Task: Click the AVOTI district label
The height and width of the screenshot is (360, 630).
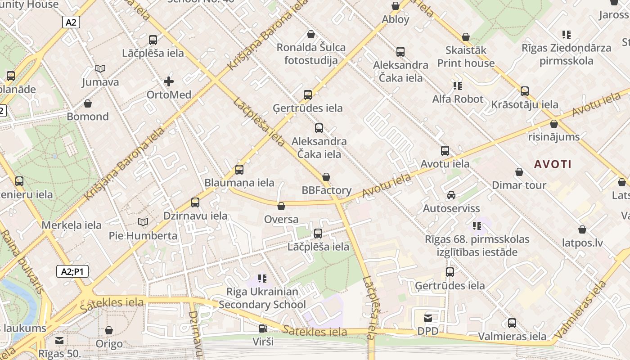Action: (x=553, y=164)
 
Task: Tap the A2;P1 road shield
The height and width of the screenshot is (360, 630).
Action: (x=72, y=271)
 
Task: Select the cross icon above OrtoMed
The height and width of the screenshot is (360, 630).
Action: (x=169, y=81)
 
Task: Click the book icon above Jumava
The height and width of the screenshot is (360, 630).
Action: (x=100, y=69)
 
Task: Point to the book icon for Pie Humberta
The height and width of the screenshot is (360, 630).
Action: (x=143, y=222)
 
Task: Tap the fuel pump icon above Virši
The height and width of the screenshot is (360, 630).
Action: (x=263, y=328)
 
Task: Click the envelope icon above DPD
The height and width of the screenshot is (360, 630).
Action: (x=428, y=318)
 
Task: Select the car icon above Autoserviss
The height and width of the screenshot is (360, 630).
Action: (x=451, y=195)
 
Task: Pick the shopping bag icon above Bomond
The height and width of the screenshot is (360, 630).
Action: (x=88, y=103)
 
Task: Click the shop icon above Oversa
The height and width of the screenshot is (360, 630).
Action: (x=281, y=206)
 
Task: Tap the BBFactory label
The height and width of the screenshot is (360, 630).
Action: (x=326, y=190)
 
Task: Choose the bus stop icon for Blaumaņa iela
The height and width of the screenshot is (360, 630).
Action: (x=239, y=170)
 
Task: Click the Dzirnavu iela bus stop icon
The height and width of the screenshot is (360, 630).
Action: (x=195, y=202)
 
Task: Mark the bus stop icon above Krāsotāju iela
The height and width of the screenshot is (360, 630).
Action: (x=525, y=91)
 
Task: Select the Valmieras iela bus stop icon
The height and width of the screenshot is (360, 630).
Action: (x=512, y=323)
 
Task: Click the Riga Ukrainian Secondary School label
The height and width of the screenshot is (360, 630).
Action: (x=262, y=298)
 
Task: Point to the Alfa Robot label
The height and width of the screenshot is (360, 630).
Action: (x=458, y=99)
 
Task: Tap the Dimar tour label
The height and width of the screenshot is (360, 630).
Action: (x=519, y=185)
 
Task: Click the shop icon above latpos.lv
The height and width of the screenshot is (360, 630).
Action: (x=582, y=229)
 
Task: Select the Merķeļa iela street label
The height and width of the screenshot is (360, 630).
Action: (x=72, y=225)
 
